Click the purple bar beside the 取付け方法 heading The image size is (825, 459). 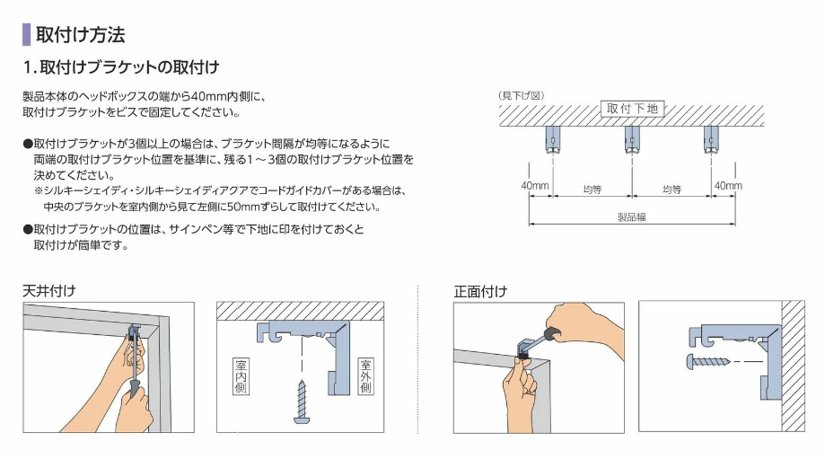point(26,35)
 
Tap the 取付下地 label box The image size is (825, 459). point(632,109)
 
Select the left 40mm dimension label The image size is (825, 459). point(534,186)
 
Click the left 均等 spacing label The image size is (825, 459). point(592,189)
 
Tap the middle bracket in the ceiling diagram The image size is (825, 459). point(632,140)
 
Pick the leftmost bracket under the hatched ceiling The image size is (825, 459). point(552,140)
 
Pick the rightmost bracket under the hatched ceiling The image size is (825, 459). point(710,140)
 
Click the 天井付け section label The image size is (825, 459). point(49,290)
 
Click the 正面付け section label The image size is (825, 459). point(480,290)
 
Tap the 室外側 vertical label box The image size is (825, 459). point(366,376)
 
